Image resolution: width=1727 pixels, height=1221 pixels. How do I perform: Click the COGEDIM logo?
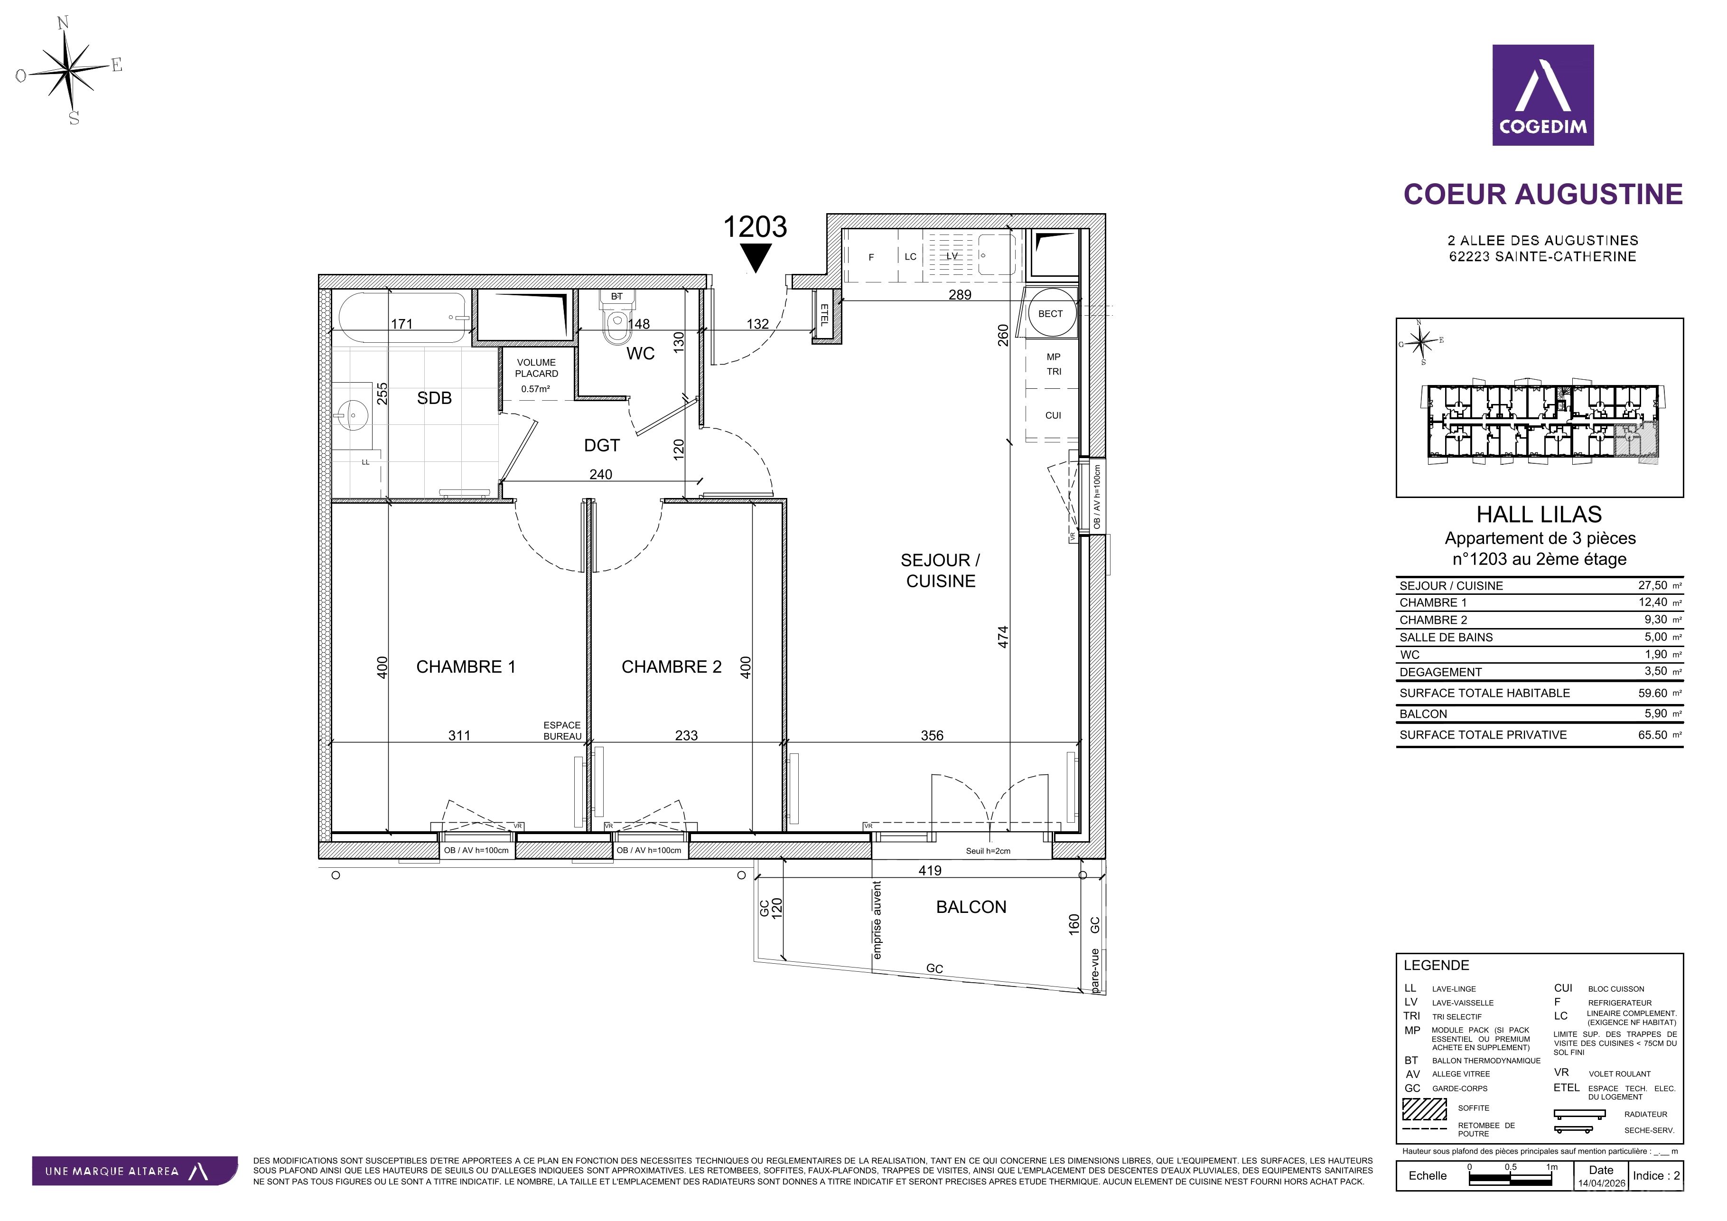click(x=1543, y=95)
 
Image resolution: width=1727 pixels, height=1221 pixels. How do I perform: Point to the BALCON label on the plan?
click(x=971, y=907)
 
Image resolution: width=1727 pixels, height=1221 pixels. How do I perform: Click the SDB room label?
click(x=434, y=399)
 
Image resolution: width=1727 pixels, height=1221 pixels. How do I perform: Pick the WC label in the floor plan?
click(x=640, y=354)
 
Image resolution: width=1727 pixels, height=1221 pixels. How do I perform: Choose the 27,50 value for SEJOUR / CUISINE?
click(x=1652, y=585)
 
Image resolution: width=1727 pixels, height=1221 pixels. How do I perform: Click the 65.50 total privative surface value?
click(x=1652, y=735)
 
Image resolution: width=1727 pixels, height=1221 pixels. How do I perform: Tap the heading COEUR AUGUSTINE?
click(x=1543, y=194)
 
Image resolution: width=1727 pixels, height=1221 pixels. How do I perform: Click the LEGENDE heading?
click(x=1436, y=965)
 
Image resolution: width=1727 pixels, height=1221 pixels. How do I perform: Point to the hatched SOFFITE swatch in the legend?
click(x=1425, y=1109)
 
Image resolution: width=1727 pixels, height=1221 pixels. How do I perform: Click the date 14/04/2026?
click(x=1601, y=1183)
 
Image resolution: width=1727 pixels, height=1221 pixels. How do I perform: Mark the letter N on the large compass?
click(x=63, y=23)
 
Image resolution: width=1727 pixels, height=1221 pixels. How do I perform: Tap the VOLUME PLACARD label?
click(x=536, y=368)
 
